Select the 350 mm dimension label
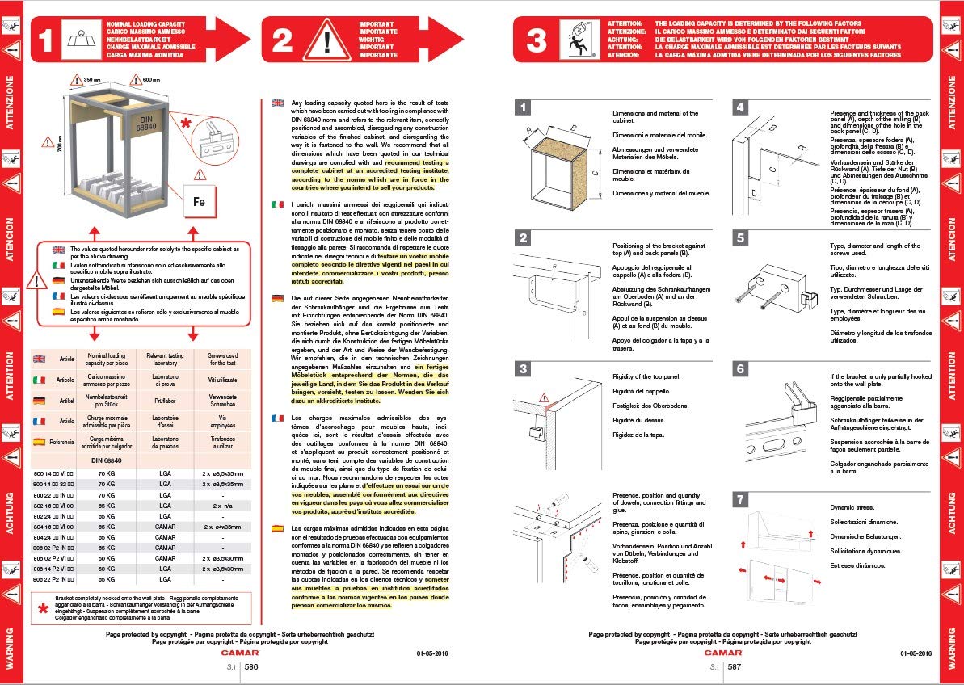[x=91, y=80]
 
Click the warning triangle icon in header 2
[x=327, y=39]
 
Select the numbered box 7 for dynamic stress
[x=740, y=499]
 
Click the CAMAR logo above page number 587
[x=718, y=652]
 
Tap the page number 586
[x=251, y=667]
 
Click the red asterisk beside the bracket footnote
[x=43, y=609]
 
